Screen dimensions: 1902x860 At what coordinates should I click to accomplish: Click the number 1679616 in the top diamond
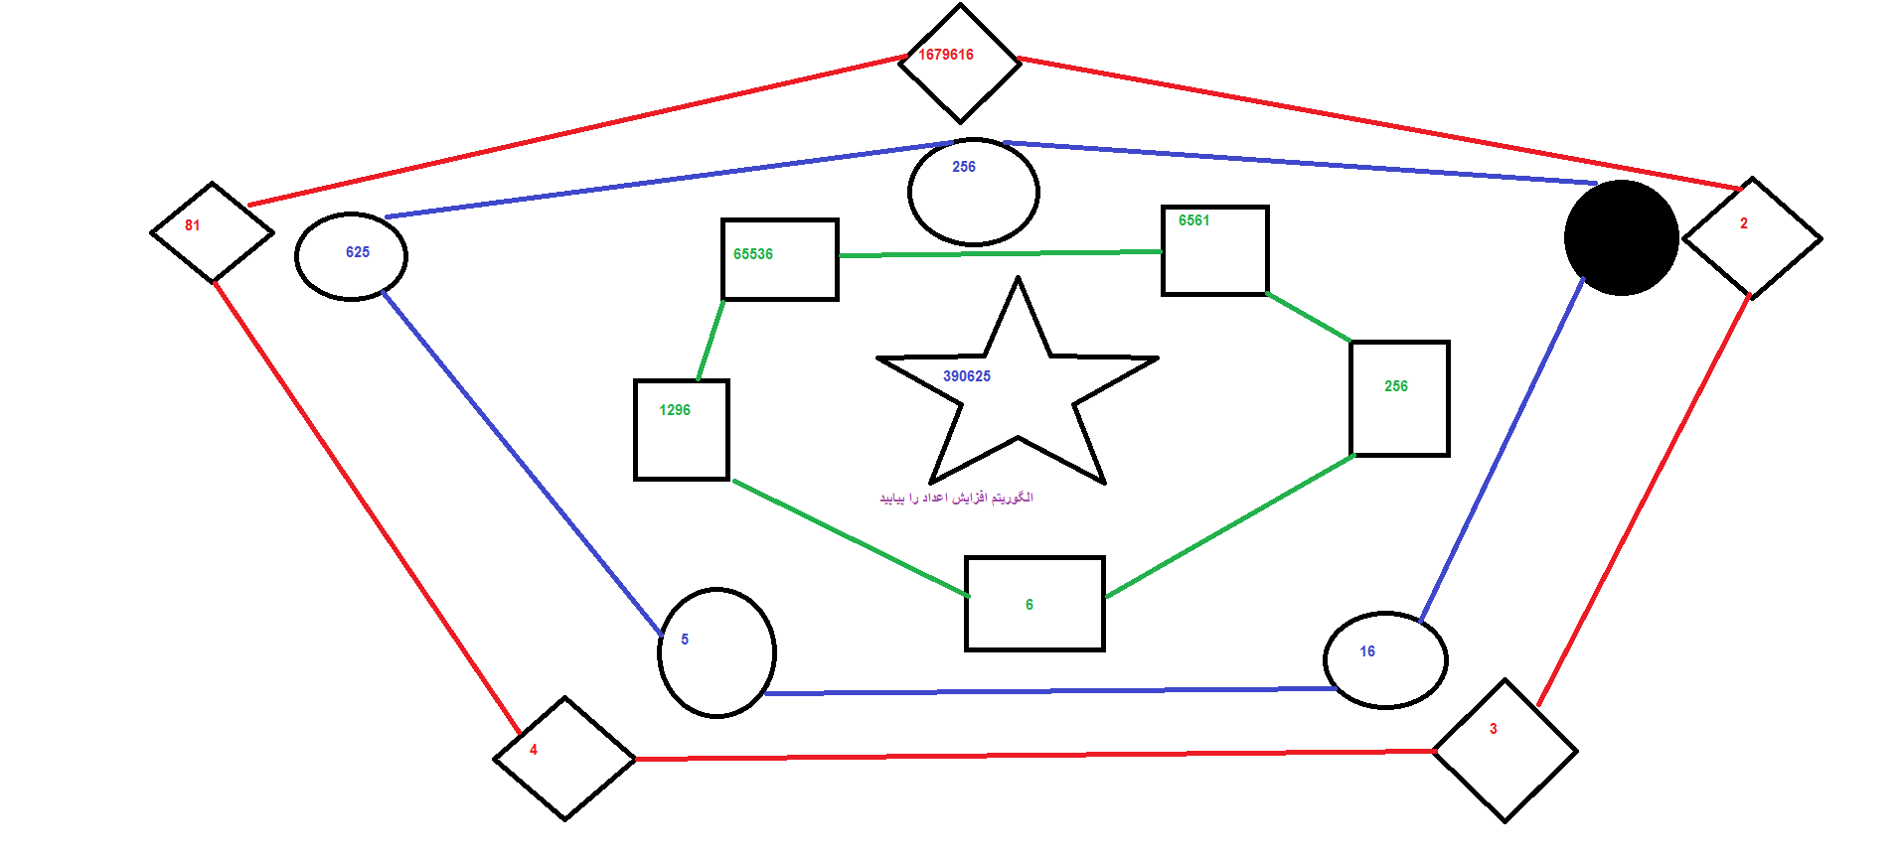946,55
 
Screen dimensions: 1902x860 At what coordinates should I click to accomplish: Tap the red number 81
193,225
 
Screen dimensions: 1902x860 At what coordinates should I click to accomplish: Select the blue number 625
358,252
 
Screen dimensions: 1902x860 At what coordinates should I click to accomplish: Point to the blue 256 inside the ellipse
964,167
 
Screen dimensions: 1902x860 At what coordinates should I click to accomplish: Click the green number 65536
753,254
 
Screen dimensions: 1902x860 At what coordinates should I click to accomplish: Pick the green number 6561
1194,220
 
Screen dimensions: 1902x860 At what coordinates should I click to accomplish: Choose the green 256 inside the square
1396,386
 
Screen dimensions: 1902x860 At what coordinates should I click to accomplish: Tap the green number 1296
675,410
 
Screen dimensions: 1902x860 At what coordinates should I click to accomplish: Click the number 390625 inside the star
967,376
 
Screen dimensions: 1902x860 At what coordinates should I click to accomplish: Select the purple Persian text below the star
956,498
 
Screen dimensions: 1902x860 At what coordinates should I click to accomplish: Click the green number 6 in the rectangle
1030,605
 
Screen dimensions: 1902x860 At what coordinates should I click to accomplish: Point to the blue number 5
685,640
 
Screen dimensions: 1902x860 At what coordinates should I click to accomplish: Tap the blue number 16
1367,651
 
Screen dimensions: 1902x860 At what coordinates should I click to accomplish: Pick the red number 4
534,750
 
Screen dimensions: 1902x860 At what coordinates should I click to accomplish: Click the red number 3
1494,729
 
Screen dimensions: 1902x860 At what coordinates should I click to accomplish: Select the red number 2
1744,223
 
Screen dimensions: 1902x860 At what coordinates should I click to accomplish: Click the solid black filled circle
1622,238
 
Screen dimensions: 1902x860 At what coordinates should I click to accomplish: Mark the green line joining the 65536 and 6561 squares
1000,254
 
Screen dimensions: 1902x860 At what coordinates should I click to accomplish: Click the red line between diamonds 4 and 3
1034,755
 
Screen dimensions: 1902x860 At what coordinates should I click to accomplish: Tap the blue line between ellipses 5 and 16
1050,690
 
